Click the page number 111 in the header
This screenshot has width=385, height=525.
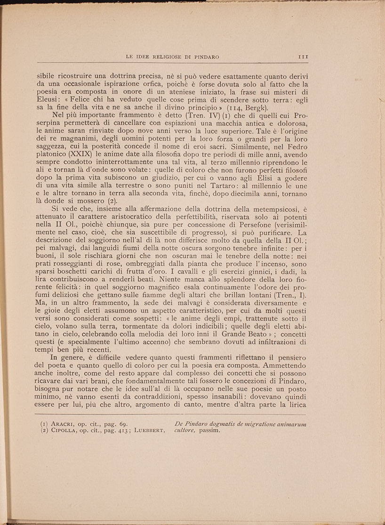point(303,57)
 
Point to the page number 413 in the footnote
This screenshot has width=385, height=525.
point(120,431)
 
